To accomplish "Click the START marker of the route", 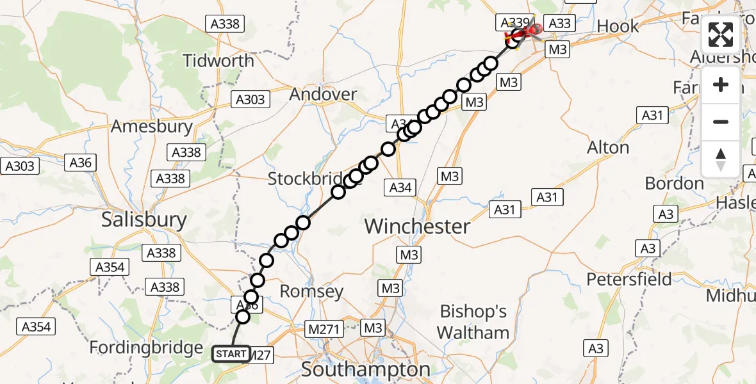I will pos(231,354).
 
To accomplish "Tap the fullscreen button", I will pos(721,35).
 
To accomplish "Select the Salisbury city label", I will pos(144,220).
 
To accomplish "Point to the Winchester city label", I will pos(417,227).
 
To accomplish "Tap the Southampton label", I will pos(366,369).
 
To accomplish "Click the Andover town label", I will pos(323,95).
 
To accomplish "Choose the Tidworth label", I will pos(218,61).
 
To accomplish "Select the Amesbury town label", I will pos(151,126).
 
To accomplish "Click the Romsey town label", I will pos(312,292).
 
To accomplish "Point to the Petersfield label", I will pos(630,280).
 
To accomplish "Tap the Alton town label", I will pos(608,148).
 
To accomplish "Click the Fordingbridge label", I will pos(146,348).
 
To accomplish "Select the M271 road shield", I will pos(325,328).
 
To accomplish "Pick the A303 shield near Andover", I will pos(250,100).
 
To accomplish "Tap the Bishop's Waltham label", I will pos(474,323).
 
